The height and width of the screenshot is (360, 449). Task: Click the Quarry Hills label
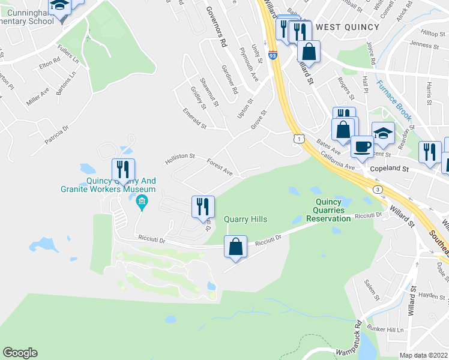245,219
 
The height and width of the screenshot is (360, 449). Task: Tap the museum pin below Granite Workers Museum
142,201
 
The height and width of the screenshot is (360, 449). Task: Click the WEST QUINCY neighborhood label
348,27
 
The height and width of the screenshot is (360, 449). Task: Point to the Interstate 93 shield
273,55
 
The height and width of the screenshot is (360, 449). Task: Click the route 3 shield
378,189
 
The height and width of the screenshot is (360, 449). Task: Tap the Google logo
20,353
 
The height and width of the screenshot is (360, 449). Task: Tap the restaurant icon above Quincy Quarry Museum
123,170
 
